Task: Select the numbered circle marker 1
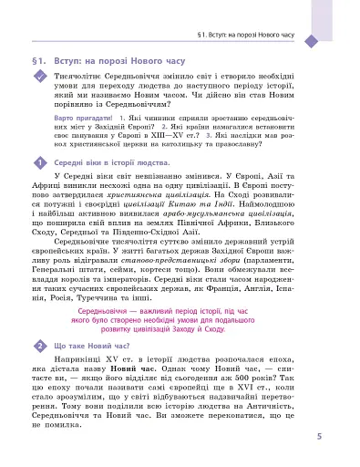tap(39, 162)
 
